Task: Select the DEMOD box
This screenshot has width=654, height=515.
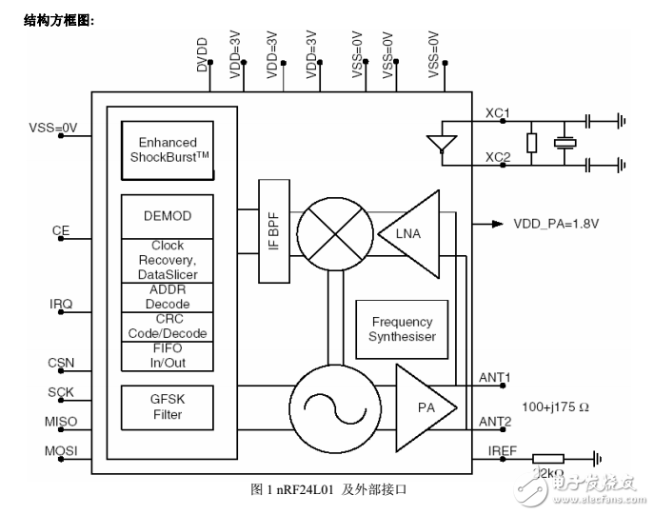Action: tap(167, 216)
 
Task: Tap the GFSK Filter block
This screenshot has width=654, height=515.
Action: tap(167, 408)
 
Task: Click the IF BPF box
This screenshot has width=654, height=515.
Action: tap(274, 231)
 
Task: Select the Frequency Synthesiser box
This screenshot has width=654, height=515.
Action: tap(402, 329)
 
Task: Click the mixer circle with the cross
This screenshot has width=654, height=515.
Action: tap(332, 231)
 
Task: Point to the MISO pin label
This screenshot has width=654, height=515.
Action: tap(59, 422)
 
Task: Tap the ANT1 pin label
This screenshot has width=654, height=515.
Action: tap(495, 378)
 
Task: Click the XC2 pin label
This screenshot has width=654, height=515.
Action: tap(498, 158)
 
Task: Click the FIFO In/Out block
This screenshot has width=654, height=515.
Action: tap(167, 355)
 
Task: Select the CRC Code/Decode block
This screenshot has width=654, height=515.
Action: tap(167, 327)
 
